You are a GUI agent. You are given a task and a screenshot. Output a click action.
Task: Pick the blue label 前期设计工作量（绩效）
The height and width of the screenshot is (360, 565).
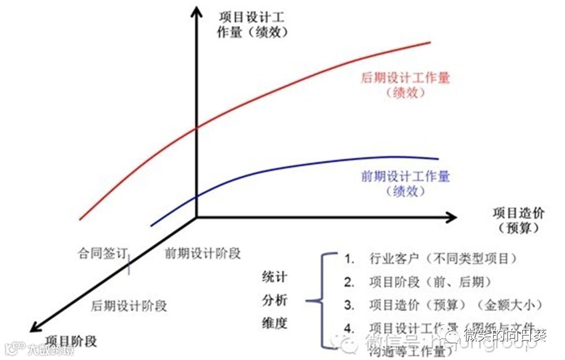[405, 183]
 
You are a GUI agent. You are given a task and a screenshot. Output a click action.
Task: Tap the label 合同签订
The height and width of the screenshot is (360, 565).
[102, 253]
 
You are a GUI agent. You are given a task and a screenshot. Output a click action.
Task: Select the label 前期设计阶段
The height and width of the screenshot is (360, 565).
[202, 253]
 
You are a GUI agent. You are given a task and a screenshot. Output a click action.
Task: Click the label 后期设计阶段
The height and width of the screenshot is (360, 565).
[129, 306]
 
